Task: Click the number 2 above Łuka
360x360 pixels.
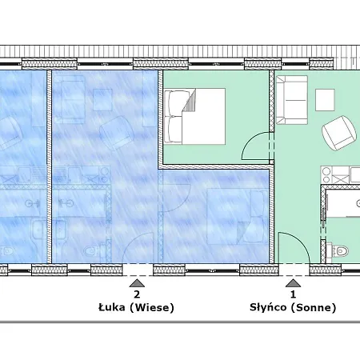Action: (x=137, y=294)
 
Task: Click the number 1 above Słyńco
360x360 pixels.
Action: (x=293, y=294)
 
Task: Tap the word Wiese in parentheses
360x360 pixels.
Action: (x=152, y=307)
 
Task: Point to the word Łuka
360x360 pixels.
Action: (x=112, y=307)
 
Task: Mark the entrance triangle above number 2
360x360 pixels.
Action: (x=137, y=283)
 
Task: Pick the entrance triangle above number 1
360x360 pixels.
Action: (x=294, y=283)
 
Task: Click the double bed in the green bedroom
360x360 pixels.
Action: (x=194, y=117)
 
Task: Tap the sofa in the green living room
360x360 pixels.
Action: (x=291, y=100)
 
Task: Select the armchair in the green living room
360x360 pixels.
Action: (x=339, y=133)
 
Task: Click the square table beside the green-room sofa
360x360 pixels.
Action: (x=325, y=100)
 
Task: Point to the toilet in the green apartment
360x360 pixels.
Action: (x=338, y=251)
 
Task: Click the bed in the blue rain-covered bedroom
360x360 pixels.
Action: (x=238, y=216)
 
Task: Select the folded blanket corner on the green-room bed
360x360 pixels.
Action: (x=190, y=101)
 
